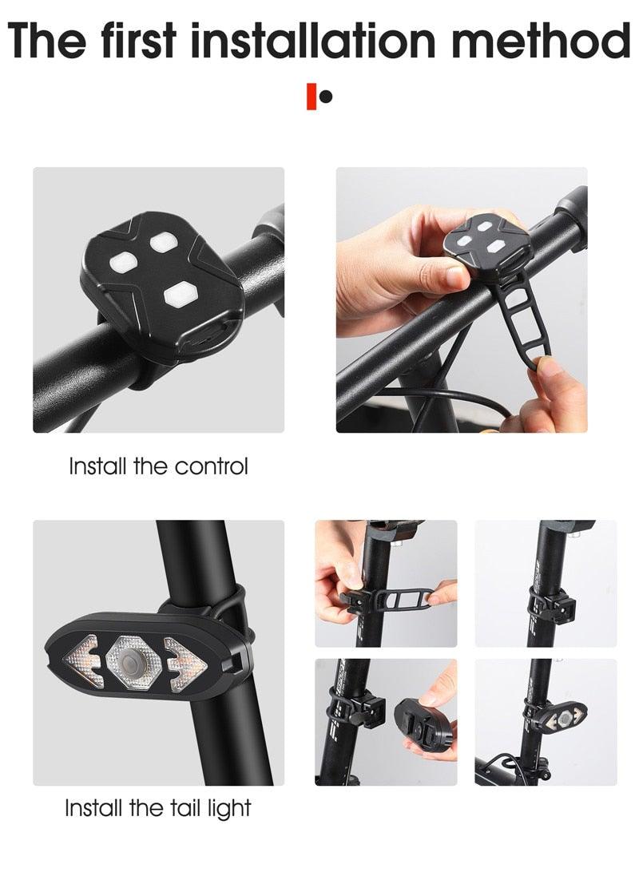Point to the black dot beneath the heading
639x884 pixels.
click(x=325, y=97)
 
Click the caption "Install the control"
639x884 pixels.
click(x=158, y=466)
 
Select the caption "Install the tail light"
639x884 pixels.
click(x=158, y=808)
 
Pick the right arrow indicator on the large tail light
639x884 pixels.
click(x=185, y=660)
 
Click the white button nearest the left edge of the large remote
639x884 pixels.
click(x=125, y=262)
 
